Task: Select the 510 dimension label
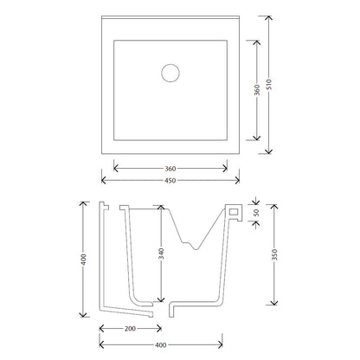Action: tap(269, 84)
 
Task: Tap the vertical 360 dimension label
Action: tap(257, 90)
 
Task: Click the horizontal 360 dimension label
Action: tap(170, 169)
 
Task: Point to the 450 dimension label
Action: tap(170, 181)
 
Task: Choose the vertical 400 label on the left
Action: tap(83, 260)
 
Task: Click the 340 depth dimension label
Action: tap(161, 254)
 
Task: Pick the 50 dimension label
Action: tap(256, 213)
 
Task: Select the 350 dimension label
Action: tap(274, 254)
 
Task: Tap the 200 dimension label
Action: tap(130, 329)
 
